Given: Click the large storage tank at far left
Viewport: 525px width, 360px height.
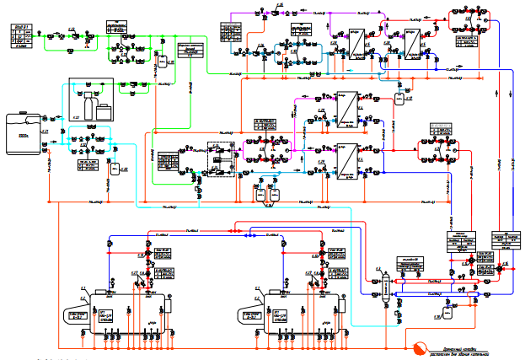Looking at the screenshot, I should [23, 132].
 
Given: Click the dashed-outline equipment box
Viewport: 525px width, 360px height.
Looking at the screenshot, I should [222, 159].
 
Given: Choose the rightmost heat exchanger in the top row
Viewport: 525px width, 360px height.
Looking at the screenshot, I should [412, 43].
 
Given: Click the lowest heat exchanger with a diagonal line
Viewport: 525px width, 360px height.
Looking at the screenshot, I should [344, 158].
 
